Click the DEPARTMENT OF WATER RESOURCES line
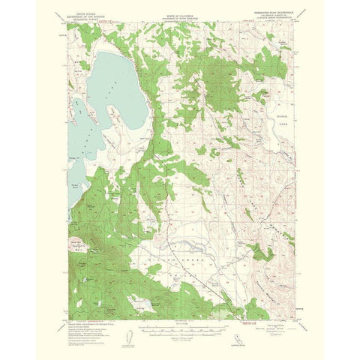[179, 33]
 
